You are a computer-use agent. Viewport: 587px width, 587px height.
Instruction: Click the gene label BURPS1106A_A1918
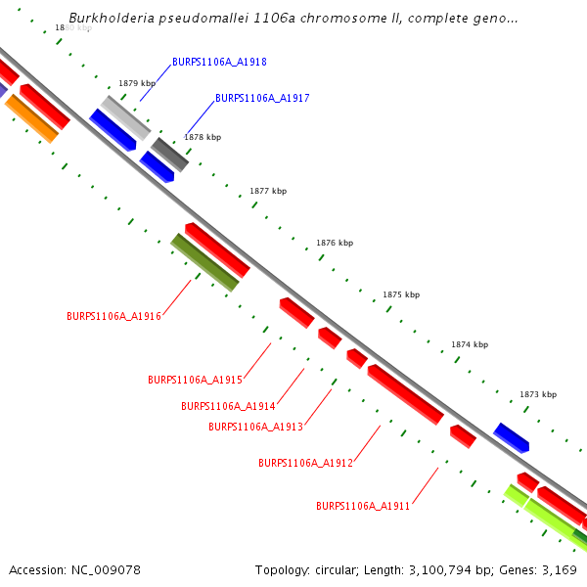(x=219, y=62)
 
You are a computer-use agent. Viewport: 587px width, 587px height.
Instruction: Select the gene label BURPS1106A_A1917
(x=262, y=98)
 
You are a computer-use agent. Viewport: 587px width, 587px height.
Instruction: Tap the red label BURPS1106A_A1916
(x=113, y=316)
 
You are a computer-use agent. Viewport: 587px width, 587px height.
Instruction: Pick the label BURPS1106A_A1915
(x=195, y=380)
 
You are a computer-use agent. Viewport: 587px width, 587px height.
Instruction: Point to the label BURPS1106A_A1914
(x=228, y=406)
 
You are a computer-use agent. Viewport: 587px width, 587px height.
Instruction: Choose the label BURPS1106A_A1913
(x=255, y=427)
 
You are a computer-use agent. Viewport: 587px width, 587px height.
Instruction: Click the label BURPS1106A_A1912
(x=305, y=463)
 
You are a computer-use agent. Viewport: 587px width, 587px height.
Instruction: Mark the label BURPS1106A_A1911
(x=363, y=506)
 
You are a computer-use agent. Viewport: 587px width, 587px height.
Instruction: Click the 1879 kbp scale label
(x=137, y=84)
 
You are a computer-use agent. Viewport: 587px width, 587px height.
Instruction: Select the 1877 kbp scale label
(x=268, y=191)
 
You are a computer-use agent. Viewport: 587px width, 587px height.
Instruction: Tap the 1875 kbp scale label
(x=401, y=294)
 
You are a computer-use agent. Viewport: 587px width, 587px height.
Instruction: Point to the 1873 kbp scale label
(x=537, y=394)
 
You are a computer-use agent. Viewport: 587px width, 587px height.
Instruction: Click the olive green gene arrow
(x=204, y=262)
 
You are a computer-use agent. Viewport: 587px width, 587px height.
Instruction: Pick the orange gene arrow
(x=31, y=118)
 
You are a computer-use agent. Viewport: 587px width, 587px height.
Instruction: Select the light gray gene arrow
(x=125, y=117)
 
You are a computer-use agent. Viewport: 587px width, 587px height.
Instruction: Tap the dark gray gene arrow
(x=169, y=155)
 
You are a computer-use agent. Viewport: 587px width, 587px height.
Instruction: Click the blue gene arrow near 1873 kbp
(x=511, y=437)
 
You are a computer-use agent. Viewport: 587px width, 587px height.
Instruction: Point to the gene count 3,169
(x=558, y=569)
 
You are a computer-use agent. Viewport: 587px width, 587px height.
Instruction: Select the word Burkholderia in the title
(x=107, y=19)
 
